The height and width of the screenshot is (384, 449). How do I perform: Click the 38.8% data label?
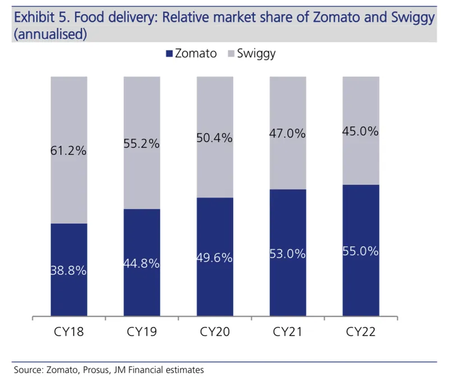coord(68,271)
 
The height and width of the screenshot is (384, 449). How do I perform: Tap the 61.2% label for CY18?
coord(68,150)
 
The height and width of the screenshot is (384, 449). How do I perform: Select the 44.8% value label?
coord(141,263)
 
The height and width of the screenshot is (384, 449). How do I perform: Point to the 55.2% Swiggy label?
coord(141,144)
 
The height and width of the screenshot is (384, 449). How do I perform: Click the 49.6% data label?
coord(214,258)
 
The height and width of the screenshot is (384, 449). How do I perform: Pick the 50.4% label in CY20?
coord(214,138)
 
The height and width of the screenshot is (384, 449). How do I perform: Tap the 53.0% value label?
coord(287,254)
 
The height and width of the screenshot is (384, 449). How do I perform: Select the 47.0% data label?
coord(287,134)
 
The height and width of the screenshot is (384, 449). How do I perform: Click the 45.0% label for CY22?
coord(360,131)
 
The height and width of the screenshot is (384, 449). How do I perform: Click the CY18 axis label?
coord(68,332)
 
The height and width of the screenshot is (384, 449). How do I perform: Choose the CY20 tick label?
coord(215,332)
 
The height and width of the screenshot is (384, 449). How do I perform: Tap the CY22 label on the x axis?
coord(361,332)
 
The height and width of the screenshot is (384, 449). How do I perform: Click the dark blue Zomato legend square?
coord(169,53)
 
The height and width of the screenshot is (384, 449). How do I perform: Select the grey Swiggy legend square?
coord(231,53)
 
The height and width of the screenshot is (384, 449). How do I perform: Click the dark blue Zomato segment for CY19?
coord(142,262)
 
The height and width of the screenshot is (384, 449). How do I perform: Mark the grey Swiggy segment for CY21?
coord(288,133)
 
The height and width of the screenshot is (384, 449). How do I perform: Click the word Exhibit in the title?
coord(34,17)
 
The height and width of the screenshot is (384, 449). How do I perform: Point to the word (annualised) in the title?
coord(51,34)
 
